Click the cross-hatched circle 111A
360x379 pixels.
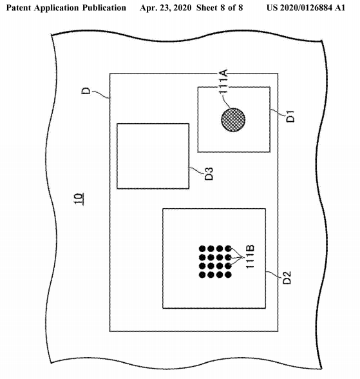tap(233, 120)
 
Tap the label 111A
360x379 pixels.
tap(223, 81)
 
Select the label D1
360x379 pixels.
tap(290, 116)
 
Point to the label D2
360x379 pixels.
tap(287, 278)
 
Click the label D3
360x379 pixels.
tap(209, 173)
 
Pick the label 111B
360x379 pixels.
tap(250, 257)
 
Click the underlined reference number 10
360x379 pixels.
tap(79, 199)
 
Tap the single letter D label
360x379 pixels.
tap(86, 91)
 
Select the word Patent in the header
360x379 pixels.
tap(19, 8)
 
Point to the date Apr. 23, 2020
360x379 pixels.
tap(166, 8)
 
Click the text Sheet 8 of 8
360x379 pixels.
tap(220, 8)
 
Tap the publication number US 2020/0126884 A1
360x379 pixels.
tap(306, 8)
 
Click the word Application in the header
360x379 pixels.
tap(57, 8)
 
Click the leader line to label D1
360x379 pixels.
tap(278, 113)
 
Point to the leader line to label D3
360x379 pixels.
tap(196, 170)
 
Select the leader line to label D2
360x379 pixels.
tap(274, 275)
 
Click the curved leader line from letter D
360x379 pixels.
tap(100, 95)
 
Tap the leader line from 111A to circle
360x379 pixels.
tap(225, 102)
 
